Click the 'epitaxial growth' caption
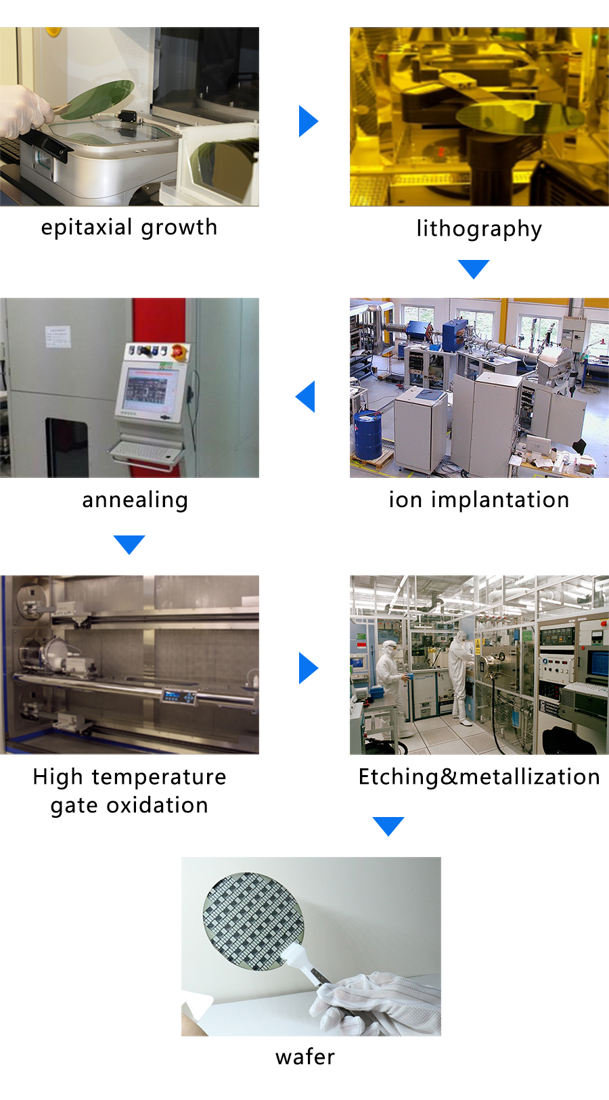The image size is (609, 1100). coord(129,228)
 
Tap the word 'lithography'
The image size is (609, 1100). coord(479,229)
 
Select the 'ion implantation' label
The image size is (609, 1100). coord(479,500)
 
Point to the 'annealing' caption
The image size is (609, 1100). coord(135,501)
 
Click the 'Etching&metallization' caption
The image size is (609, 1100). coord(479,777)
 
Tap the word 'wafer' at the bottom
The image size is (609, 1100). coord(304,1056)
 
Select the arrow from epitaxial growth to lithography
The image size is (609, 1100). coord(309,120)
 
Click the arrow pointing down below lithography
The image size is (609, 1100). coord(474,269)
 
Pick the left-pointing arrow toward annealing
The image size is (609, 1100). coord(304,396)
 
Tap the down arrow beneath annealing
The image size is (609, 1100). coord(129,545)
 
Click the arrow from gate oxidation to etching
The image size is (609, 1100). coord(309,668)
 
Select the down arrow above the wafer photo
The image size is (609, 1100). coord(388,827)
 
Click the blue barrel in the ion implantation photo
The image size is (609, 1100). coord(367,435)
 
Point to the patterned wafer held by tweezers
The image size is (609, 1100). coord(254,921)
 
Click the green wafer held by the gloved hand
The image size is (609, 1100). coord(97,100)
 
